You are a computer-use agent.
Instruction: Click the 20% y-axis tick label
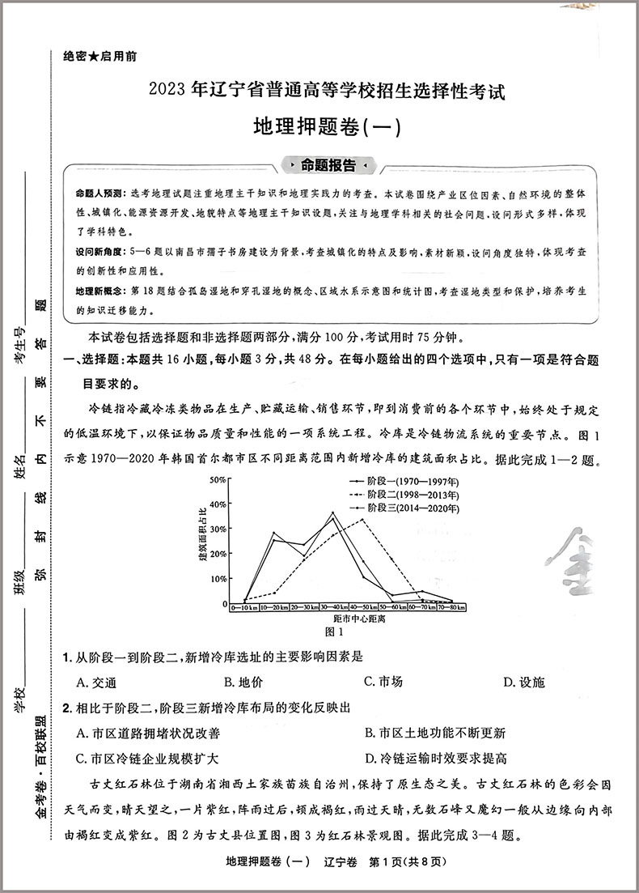pos(218,555)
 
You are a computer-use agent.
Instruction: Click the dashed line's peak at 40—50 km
pos(362,519)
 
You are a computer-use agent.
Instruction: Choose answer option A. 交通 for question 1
pos(96,682)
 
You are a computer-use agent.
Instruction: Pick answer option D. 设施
pos(523,682)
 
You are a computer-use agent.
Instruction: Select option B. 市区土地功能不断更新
pos(435,733)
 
